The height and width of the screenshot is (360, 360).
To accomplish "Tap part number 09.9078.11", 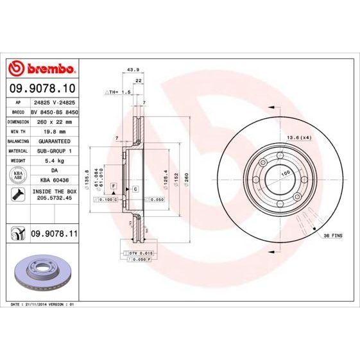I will point(54,236).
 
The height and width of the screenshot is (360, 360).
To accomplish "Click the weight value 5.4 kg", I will point(53,160).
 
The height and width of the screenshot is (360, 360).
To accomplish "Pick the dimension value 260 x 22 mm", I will point(53,121).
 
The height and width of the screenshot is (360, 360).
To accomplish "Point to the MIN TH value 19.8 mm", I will point(53,130).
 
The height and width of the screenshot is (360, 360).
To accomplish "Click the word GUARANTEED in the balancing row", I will point(53,140).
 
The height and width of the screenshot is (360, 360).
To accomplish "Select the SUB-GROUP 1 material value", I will point(53,150).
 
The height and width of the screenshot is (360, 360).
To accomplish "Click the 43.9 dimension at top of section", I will point(133,69).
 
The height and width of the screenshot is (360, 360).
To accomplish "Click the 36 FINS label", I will point(332,236).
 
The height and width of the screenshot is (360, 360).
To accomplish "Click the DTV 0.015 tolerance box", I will point(138,253).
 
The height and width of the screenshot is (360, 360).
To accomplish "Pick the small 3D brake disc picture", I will point(42,270).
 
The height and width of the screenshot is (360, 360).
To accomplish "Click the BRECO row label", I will point(19,111).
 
